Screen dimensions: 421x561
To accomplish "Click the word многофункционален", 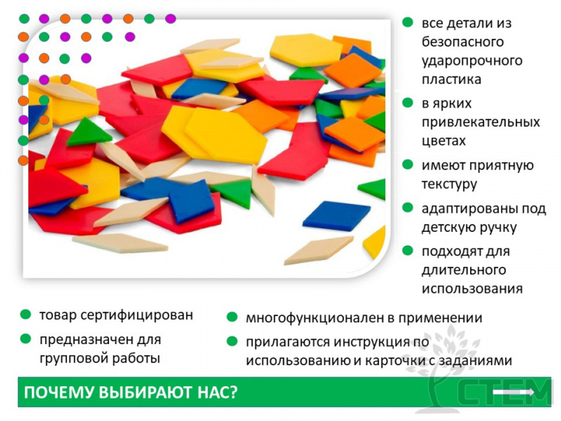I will pos(315,318).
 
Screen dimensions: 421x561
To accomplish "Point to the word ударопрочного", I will pos(472,60).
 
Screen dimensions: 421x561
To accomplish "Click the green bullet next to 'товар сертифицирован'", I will pos(25,314).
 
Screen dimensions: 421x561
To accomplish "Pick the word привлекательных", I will pos(481,122).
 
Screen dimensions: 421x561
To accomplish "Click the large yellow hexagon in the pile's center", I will pos(227,135).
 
